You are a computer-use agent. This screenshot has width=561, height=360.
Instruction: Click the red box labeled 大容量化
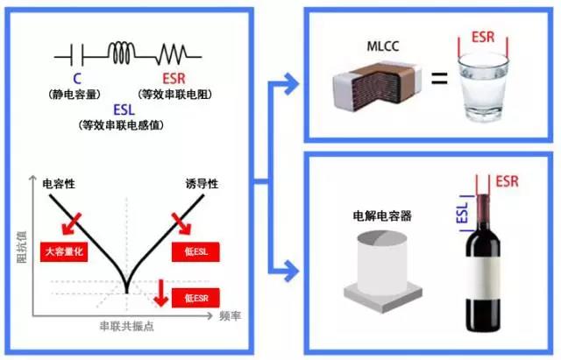[65, 252]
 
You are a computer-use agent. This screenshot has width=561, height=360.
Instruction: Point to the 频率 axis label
[231, 313]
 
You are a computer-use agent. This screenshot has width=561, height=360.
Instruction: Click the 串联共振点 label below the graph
[126, 325]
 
